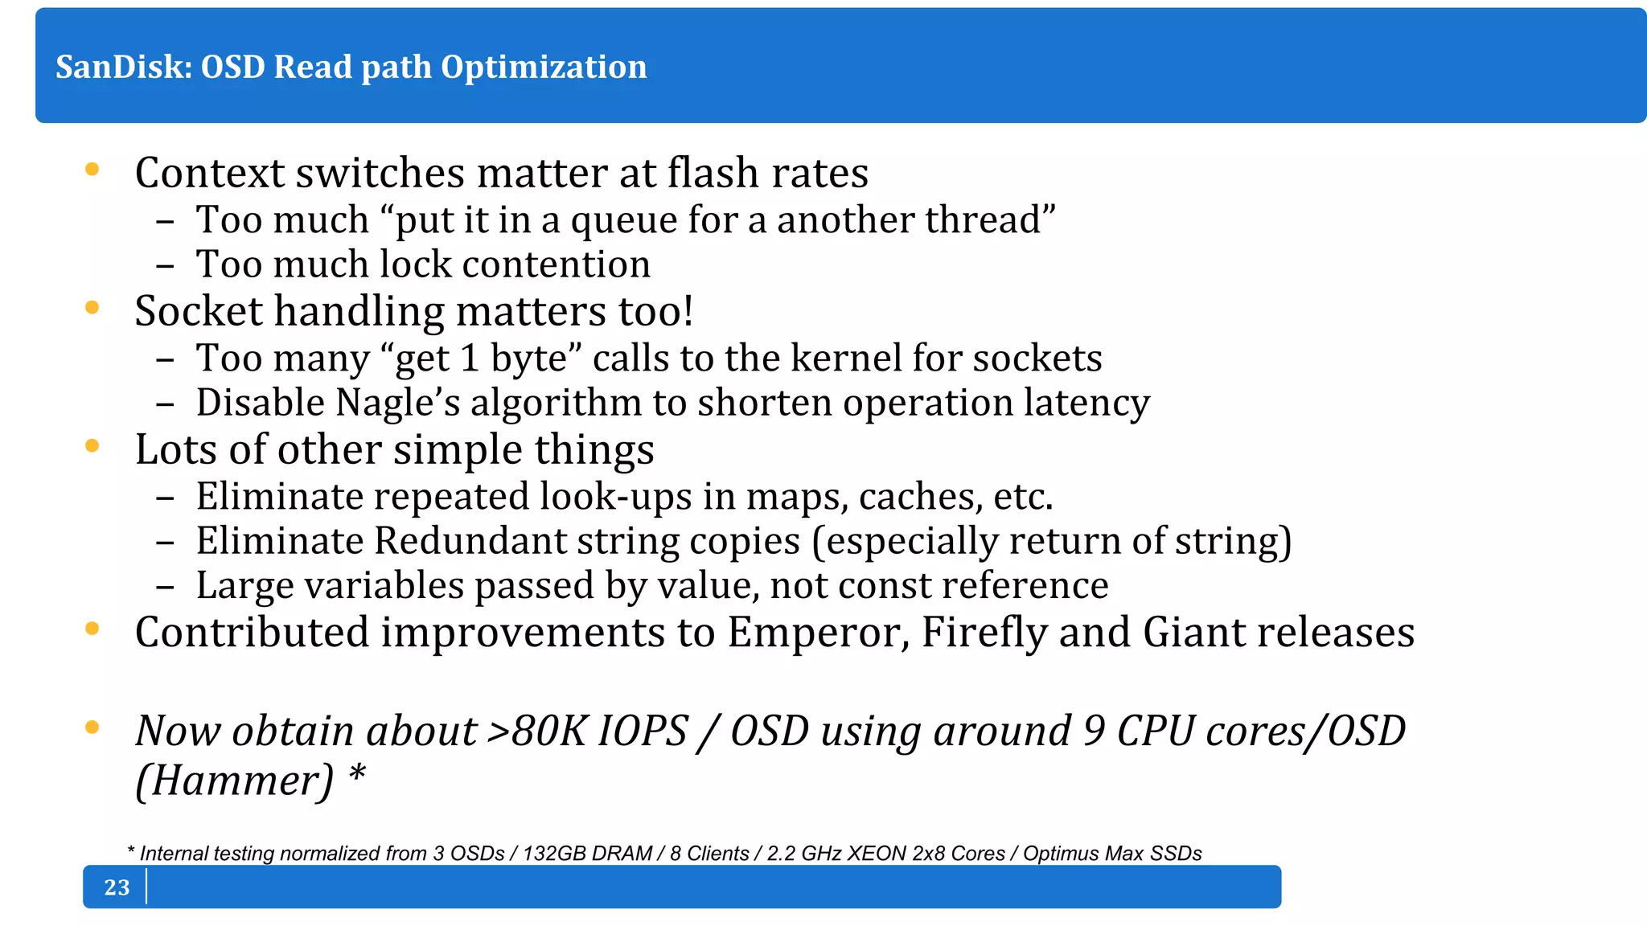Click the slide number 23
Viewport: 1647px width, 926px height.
click(117, 887)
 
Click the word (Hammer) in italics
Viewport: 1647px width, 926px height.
click(234, 781)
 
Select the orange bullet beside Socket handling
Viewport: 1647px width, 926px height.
click(92, 308)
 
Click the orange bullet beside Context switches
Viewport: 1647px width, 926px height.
click(92, 170)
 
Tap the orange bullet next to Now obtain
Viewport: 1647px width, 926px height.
click(92, 727)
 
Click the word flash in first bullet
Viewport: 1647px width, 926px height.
click(713, 173)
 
